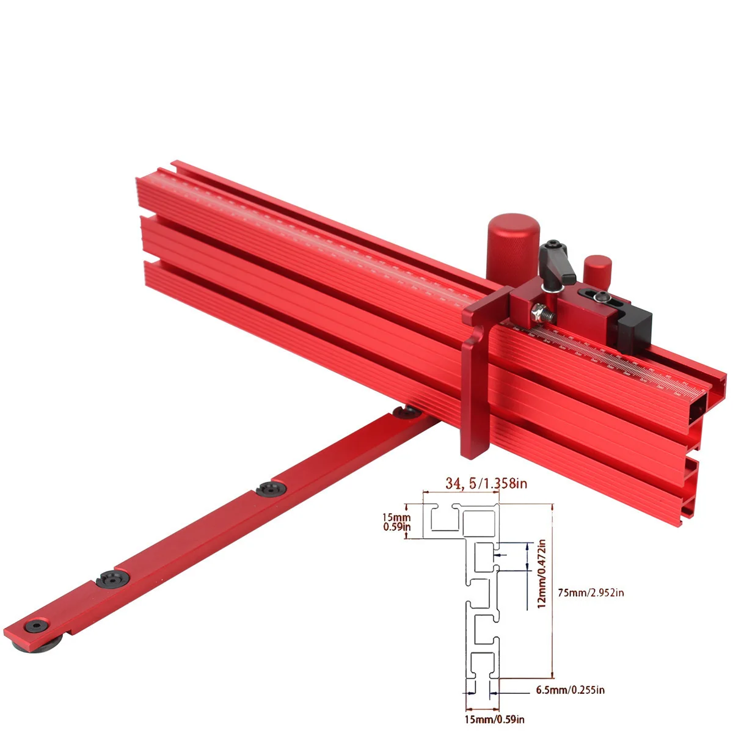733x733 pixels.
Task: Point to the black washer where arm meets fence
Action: click(x=404, y=414)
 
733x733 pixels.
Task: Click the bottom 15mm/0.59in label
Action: click(x=494, y=719)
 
